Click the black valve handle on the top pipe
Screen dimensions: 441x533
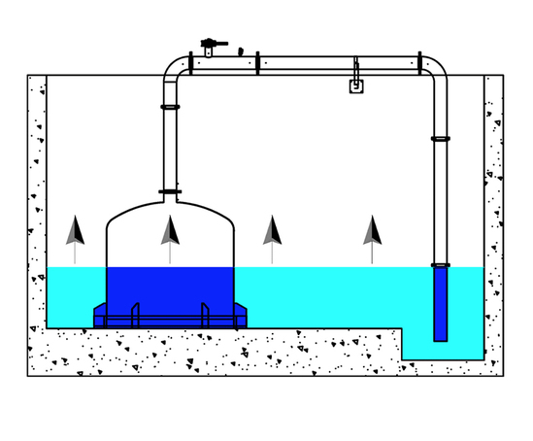[213, 43]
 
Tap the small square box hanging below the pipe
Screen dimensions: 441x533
[356, 85]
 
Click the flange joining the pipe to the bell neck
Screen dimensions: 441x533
[170, 191]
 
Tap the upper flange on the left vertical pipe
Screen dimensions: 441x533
[170, 107]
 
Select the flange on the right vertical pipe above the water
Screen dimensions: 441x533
[441, 139]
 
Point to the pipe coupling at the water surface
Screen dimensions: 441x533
[441, 265]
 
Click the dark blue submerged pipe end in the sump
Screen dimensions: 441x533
[441, 306]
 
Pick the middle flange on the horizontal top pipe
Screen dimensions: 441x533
[257, 63]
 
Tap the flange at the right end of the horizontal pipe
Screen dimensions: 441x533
[419, 63]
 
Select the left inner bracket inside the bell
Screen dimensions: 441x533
[135, 314]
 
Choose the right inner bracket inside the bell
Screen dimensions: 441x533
[205, 314]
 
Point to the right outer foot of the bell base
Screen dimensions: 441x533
[240, 316]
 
